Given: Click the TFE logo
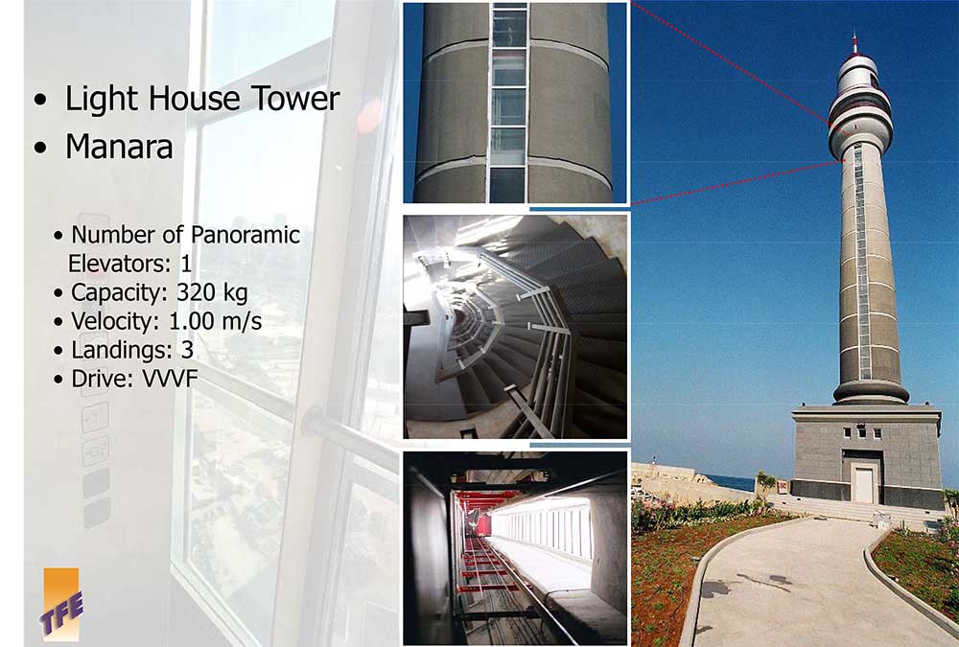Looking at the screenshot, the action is (x=61, y=604).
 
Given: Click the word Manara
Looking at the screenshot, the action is (x=119, y=148).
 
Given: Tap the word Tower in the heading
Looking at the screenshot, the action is (x=295, y=99).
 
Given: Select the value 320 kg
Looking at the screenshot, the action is (x=212, y=293).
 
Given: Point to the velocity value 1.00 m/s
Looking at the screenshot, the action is (x=215, y=321).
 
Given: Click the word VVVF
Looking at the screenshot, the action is (x=170, y=379).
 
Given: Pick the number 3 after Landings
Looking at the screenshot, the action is (x=187, y=350).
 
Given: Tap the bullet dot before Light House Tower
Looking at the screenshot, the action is (x=40, y=100).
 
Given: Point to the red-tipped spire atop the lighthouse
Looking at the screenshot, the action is (x=854, y=44).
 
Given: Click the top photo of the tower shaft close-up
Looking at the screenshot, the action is (x=515, y=103).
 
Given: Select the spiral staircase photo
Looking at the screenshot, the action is (x=515, y=327).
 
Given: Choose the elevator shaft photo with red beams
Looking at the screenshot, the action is (x=515, y=548).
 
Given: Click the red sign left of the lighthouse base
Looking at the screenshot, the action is (x=783, y=486).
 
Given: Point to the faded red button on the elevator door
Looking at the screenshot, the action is (x=369, y=116).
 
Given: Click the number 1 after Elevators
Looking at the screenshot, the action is (x=186, y=265).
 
